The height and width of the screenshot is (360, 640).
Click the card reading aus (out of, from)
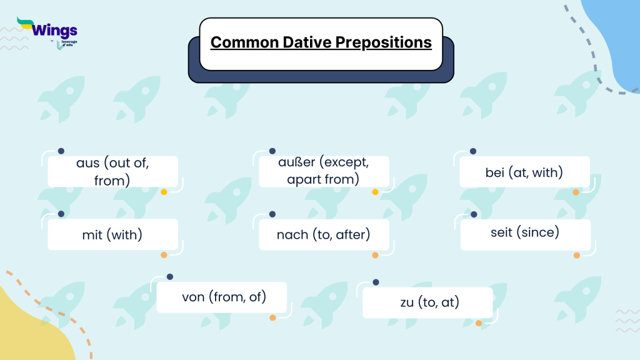(112, 172)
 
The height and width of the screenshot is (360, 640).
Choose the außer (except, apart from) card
(324, 172)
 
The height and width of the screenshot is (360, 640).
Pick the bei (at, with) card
(524, 172)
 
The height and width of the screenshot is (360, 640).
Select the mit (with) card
(112, 235)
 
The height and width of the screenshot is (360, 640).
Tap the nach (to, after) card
(324, 235)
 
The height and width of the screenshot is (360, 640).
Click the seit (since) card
(525, 232)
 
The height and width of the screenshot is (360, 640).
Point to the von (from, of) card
(221, 297)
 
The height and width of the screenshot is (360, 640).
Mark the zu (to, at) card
(427, 303)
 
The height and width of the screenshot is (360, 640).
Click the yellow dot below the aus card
(164, 192)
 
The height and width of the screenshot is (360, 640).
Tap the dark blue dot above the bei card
(473, 151)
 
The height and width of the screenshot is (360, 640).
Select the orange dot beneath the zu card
(478, 323)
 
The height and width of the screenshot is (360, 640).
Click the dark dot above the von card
(169, 277)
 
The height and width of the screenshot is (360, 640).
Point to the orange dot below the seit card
(576, 255)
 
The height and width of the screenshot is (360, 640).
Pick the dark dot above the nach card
(272, 214)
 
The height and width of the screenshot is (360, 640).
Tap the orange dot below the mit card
(164, 255)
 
